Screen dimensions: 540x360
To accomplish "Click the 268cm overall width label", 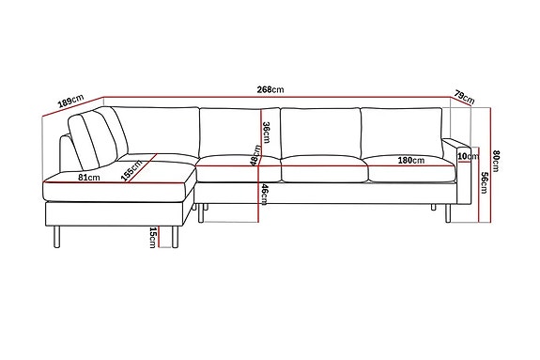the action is coord(270,89).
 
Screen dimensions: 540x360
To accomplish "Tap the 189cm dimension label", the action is coord(71,101).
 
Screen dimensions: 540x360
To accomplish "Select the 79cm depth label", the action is coord(465,97).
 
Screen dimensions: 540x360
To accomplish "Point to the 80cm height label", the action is coord(496,161).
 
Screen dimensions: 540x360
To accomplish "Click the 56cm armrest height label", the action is coord(485,182).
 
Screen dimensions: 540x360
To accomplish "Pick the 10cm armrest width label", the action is coord(469,156).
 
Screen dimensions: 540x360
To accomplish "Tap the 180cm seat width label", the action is coord(411,161).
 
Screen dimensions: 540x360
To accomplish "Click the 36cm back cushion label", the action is coord(266,133).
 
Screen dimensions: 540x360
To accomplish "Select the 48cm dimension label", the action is coord(255,155).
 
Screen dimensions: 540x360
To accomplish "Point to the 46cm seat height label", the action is coord(264,195).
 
